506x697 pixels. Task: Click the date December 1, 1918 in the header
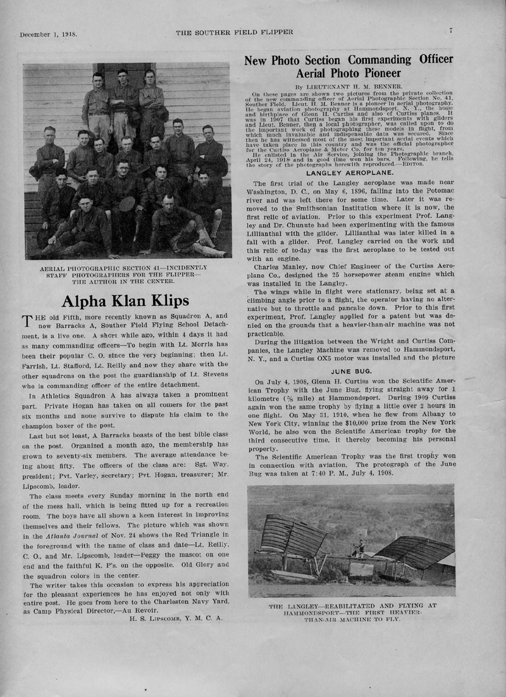click(x=48, y=34)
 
